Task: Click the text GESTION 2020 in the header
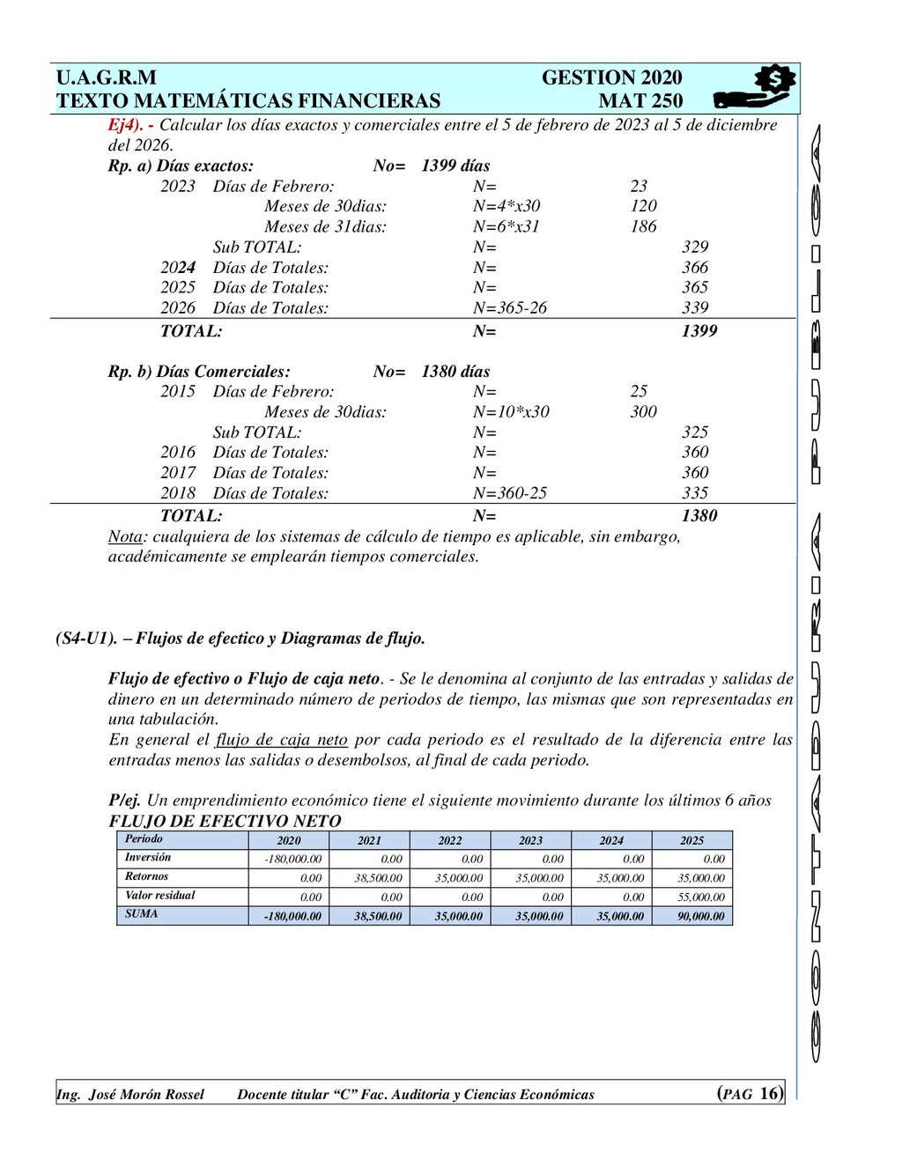(x=611, y=78)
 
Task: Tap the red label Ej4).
(x=125, y=125)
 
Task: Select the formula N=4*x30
(x=506, y=206)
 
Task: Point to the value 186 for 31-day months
(x=643, y=226)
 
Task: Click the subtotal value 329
(x=694, y=247)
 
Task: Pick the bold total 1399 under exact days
(x=699, y=331)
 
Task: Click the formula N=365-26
(x=509, y=307)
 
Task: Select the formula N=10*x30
(x=510, y=411)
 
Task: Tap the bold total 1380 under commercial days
(x=699, y=516)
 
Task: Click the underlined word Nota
(x=124, y=536)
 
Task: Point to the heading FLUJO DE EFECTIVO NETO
(x=225, y=821)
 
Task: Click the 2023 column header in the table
(x=530, y=840)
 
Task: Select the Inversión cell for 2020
(x=292, y=859)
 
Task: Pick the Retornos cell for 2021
(x=378, y=878)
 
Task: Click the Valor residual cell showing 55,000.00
(x=700, y=897)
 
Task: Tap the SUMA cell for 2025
(x=700, y=916)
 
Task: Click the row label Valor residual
(x=159, y=896)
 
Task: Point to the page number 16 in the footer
(x=769, y=1094)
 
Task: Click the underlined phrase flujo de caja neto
(x=281, y=740)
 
